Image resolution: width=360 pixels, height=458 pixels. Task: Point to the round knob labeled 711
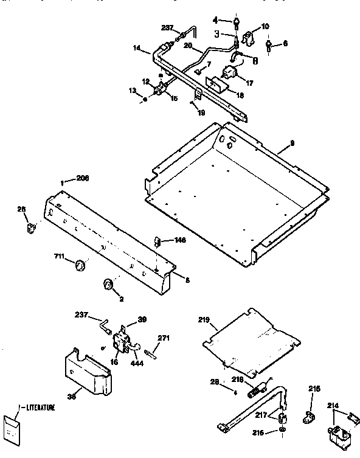pyautogui.click(x=78, y=265)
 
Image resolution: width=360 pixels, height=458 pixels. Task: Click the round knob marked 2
pyautogui.click(x=108, y=285)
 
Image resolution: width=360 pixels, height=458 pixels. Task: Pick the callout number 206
pyautogui.click(x=82, y=178)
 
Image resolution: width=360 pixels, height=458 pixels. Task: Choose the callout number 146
pyautogui.click(x=179, y=240)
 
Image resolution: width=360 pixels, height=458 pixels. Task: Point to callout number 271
pyautogui.click(x=164, y=338)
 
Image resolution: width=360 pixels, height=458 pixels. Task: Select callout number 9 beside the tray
pyautogui.click(x=292, y=143)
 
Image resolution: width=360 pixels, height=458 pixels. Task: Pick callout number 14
pyautogui.click(x=137, y=47)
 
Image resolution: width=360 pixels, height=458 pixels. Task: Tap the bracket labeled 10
pyautogui.click(x=248, y=38)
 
